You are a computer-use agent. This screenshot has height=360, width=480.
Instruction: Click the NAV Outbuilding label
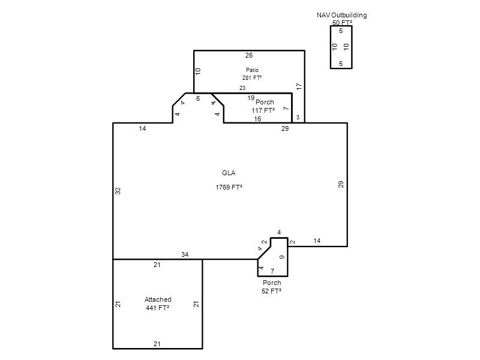point(341,15)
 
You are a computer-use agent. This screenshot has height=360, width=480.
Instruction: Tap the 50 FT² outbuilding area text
point(342,23)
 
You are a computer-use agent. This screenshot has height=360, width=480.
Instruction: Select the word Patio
point(252,70)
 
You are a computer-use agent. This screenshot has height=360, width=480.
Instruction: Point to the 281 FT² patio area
point(252,78)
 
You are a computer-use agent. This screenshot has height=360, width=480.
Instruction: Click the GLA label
point(229,173)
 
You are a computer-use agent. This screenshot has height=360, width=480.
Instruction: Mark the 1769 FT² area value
point(229,187)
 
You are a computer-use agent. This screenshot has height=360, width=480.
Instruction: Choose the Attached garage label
point(158,299)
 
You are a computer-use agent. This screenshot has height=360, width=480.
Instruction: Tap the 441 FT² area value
point(158,308)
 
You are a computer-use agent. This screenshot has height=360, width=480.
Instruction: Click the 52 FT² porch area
point(272,291)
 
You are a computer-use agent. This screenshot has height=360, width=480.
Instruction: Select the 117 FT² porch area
point(263,110)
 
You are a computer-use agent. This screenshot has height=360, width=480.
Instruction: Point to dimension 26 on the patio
point(249,55)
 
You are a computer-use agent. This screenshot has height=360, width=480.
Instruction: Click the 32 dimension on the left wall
point(118,191)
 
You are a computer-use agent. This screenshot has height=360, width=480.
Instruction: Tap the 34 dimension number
point(185,254)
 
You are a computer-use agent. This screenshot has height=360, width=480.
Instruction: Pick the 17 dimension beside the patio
point(299,86)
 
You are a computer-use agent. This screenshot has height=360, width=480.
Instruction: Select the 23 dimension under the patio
point(242,88)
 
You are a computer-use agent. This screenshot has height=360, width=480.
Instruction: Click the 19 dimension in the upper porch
point(251,98)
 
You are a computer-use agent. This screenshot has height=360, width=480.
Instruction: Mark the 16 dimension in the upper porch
point(257,119)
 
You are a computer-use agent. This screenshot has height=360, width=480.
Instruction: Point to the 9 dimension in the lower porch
point(282,257)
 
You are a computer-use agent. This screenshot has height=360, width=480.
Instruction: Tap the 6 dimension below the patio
point(198,98)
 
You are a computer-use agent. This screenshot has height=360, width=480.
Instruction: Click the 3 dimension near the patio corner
point(298,118)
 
